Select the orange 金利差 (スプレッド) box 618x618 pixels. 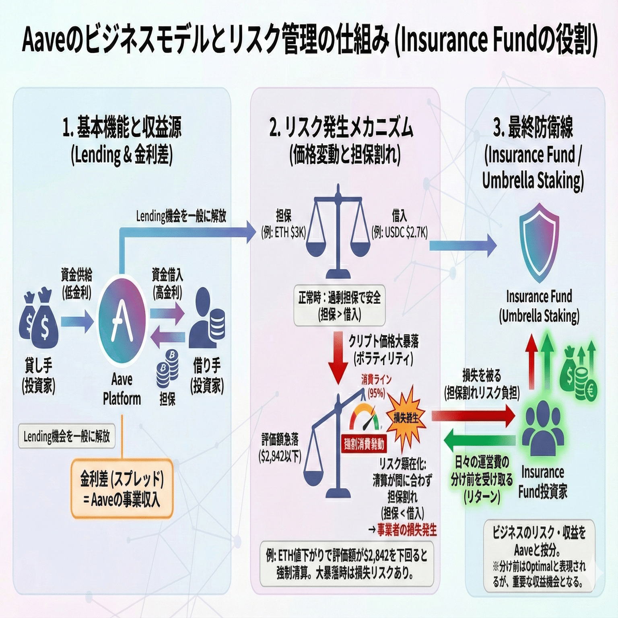point(122,488)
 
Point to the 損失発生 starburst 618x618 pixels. point(406,418)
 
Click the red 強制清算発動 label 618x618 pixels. point(364,444)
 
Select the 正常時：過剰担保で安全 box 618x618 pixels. point(340,305)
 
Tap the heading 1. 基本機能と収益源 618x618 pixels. point(122,127)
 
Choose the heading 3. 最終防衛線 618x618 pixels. point(534,127)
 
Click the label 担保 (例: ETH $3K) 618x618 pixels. point(284,224)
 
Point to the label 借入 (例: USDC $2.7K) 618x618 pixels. point(400,224)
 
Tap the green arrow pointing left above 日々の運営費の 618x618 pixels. point(479,440)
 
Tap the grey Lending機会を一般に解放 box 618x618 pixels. point(67,436)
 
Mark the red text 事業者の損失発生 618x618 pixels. point(406,530)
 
